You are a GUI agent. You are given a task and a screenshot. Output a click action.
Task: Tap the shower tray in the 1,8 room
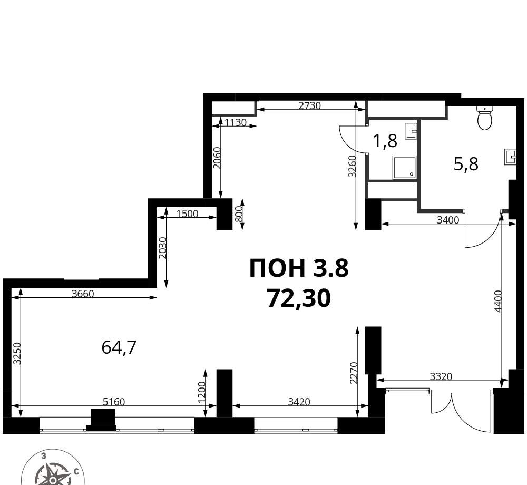coord(404,166)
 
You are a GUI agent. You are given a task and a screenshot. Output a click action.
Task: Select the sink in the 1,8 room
coord(411,131)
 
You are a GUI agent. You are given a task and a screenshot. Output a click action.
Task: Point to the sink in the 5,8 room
coord(510,157)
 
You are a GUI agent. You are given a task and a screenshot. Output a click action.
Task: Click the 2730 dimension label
coord(310,105)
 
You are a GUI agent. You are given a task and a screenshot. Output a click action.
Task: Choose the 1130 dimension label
coord(236,123)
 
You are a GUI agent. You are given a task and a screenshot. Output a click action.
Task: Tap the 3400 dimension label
coord(447,220)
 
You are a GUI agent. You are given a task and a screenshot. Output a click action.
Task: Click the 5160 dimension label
coord(114,402)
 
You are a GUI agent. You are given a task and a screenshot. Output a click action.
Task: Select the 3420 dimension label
coord(299,402)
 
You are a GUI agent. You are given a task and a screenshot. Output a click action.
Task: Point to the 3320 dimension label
coord(441,376)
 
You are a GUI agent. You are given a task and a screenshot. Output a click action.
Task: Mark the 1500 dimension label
coord(187,214)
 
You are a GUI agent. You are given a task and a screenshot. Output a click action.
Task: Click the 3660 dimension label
coord(83,294)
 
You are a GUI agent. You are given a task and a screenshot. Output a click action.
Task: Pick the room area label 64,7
coord(119,347)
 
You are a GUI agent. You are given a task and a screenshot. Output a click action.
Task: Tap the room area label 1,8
coord(386,141)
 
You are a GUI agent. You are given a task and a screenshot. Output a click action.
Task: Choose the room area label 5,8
coord(466,164)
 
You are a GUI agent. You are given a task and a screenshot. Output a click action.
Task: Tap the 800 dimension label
coord(238,214)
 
